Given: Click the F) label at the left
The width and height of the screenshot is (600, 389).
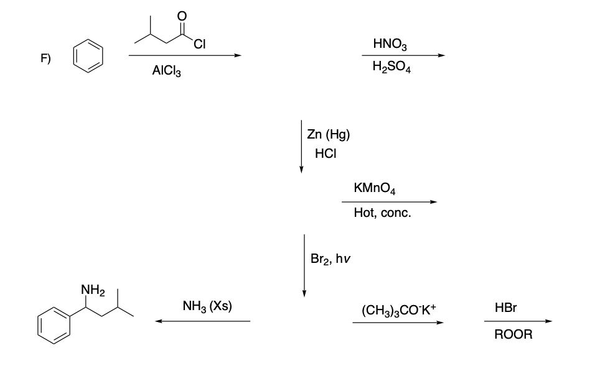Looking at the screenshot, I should point(45,58).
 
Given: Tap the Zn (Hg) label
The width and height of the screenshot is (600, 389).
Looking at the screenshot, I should point(329,134).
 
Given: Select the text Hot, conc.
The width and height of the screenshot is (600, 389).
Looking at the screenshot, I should point(382,213).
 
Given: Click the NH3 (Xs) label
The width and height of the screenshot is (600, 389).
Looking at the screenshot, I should point(208,306).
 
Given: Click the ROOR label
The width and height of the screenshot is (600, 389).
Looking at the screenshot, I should point(513,335).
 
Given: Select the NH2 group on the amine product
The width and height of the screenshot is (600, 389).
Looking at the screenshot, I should point(93,290).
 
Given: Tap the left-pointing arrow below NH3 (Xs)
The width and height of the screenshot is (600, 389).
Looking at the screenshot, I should point(203,321).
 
